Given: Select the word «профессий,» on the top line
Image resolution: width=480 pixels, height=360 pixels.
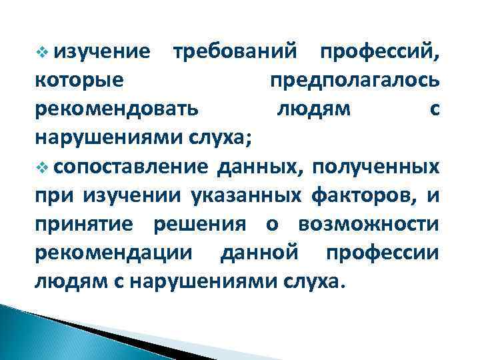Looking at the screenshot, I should (378, 52).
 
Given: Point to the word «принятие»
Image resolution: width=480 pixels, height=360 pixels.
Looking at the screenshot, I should (85, 224).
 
